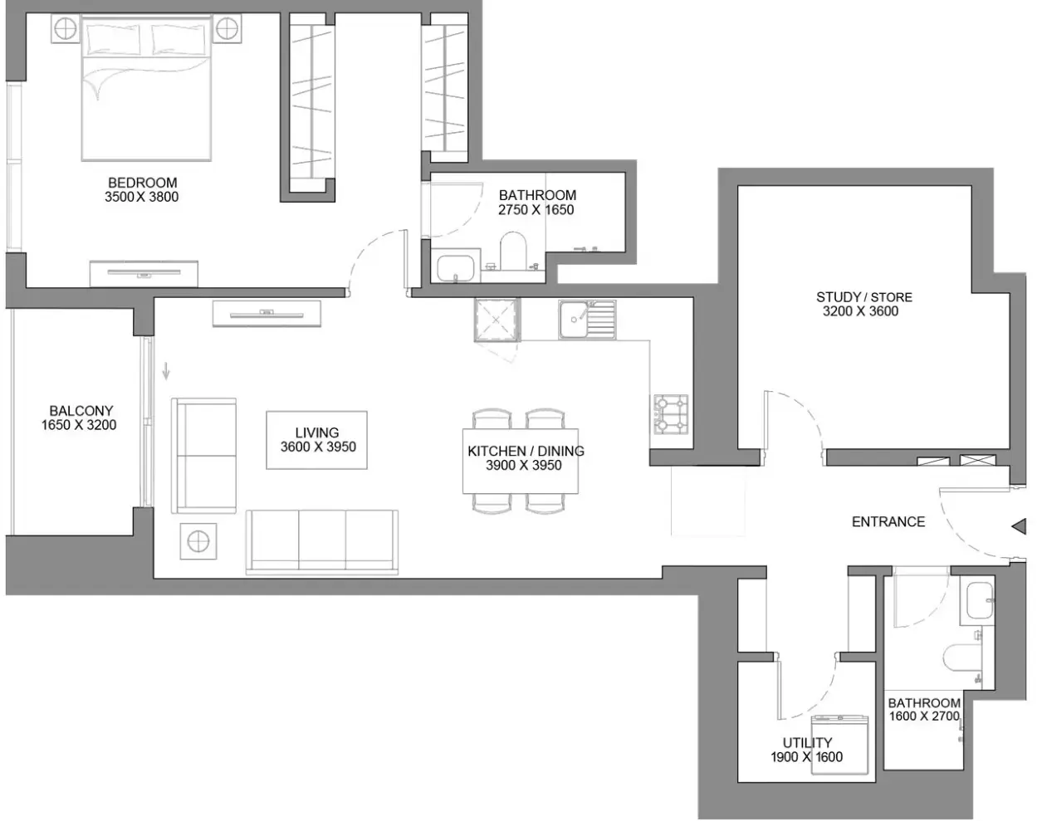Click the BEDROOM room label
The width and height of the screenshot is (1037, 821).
pyautogui.click(x=142, y=183)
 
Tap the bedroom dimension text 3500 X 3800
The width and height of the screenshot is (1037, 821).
pyautogui.click(x=142, y=197)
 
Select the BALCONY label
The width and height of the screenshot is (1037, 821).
pyautogui.click(x=81, y=411)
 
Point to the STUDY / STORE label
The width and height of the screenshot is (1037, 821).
pyautogui.click(x=864, y=297)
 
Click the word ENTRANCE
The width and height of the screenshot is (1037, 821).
pyautogui.click(x=888, y=522)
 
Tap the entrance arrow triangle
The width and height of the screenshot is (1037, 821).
pyautogui.click(x=1020, y=526)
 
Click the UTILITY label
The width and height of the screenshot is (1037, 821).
pyautogui.click(x=807, y=742)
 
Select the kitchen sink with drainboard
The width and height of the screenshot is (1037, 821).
pyautogui.click(x=587, y=320)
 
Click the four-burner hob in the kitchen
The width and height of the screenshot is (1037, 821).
pyautogui.click(x=670, y=414)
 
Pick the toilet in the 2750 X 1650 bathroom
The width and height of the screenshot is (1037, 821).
pyautogui.click(x=512, y=251)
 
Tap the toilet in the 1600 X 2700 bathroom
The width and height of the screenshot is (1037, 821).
pyautogui.click(x=961, y=657)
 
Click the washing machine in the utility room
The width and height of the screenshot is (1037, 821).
pyautogui.click(x=839, y=745)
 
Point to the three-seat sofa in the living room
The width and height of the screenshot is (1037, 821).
pyautogui.click(x=322, y=542)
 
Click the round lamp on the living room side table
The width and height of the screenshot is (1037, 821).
pyautogui.click(x=198, y=541)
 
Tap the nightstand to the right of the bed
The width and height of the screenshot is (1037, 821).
pyautogui.click(x=227, y=29)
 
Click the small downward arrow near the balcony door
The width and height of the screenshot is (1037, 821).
pyautogui.click(x=166, y=371)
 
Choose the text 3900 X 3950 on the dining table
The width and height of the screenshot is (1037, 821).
pyautogui.click(x=523, y=466)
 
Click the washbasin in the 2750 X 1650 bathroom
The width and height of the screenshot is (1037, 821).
pyautogui.click(x=455, y=268)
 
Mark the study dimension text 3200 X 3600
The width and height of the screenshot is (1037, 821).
pyautogui.click(x=860, y=311)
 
